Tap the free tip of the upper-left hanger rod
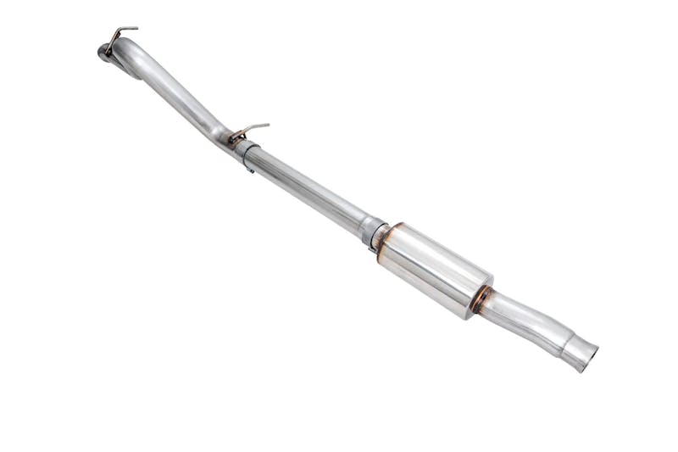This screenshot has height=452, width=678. pos(136,29)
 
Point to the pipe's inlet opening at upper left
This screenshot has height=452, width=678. pos(103,53)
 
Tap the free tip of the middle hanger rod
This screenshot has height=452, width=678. pos(267,126)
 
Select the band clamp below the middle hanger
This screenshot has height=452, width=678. pos(246,153)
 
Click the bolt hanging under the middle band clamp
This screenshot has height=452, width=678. pos(250,168)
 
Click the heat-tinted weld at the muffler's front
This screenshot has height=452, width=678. pos(386,242)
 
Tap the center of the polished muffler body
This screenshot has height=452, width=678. pos(435,271)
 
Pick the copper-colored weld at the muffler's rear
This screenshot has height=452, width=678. pos(481,299)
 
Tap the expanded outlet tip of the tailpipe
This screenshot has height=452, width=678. pos(578,349)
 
